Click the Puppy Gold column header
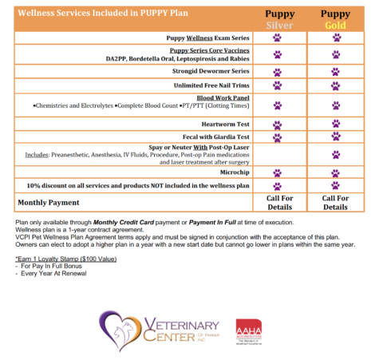click(x=336, y=18)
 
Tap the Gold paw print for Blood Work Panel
click(x=336, y=105)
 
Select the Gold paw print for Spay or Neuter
click(x=336, y=155)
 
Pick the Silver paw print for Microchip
click(x=278, y=172)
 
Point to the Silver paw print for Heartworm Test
click(x=278, y=125)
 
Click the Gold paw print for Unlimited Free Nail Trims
click(x=336, y=85)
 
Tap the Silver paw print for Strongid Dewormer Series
click(x=278, y=70)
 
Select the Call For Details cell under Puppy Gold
click(x=336, y=201)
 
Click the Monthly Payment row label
click(x=49, y=202)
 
